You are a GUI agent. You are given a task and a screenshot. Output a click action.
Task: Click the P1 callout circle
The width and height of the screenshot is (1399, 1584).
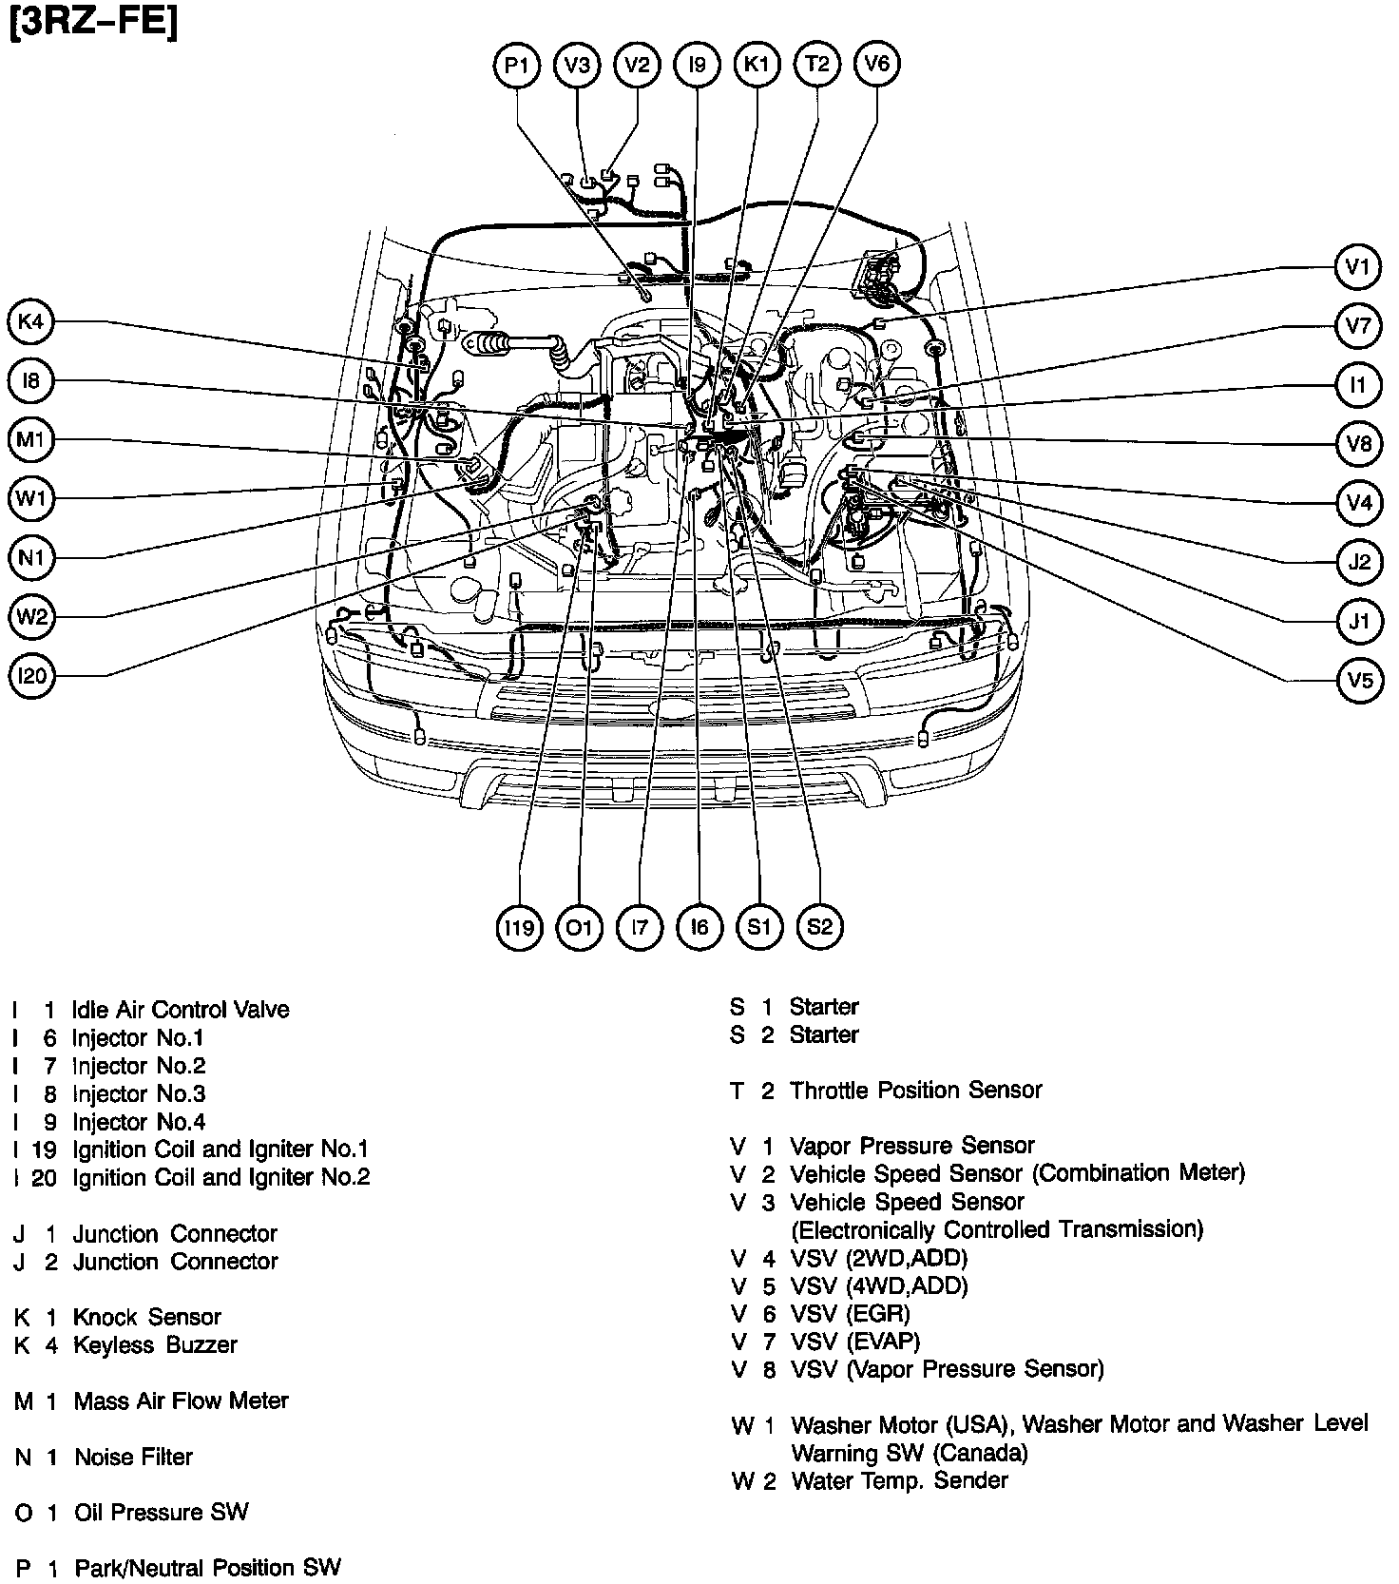click(x=517, y=65)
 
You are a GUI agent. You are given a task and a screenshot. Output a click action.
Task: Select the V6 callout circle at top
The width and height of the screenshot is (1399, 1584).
click(x=876, y=64)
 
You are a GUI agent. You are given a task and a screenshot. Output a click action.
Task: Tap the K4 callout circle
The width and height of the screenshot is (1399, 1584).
click(x=31, y=322)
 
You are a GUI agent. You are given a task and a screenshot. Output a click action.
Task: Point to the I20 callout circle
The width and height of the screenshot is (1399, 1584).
click(x=31, y=676)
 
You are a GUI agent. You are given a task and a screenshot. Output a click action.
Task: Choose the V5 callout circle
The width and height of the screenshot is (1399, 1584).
click(x=1359, y=681)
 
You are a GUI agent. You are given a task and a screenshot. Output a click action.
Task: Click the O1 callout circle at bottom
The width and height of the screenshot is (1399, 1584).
click(x=579, y=927)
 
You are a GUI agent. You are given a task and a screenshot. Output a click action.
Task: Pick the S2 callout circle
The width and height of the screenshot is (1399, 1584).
click(x=819, y=927)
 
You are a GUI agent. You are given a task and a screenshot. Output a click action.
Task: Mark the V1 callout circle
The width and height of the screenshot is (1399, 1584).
click(x=1358, y=268)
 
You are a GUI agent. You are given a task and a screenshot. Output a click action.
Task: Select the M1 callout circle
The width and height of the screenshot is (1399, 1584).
click(x=31, y=440)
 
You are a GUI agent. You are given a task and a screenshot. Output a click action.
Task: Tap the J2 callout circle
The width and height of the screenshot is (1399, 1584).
click(x=1359, y=562)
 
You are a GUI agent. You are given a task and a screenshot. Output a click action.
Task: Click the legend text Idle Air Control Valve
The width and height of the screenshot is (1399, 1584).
click(x=181, y=1010)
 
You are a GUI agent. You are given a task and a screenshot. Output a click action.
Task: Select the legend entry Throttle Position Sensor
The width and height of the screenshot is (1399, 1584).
click(x=915, y=1091)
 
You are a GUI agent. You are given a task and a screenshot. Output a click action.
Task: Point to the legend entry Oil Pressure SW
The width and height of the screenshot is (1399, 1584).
click(x=161, y=1513)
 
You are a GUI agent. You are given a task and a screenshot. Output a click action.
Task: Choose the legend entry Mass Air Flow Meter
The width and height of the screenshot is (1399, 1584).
click(x=181, y=1400)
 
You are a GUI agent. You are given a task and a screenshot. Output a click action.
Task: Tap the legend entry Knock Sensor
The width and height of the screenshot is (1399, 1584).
click(x=146, y=1318)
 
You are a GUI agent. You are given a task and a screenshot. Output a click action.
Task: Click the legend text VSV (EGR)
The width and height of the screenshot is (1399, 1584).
click(x=850, y=1314)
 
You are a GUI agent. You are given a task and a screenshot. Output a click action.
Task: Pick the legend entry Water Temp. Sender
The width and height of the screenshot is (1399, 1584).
click(x=898, y=1480)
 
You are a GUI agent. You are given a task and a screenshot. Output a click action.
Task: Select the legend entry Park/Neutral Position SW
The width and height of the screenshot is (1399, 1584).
click(x=207, y=1568)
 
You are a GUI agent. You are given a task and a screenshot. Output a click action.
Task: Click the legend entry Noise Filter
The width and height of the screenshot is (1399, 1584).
click(x=133, y=1457)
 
